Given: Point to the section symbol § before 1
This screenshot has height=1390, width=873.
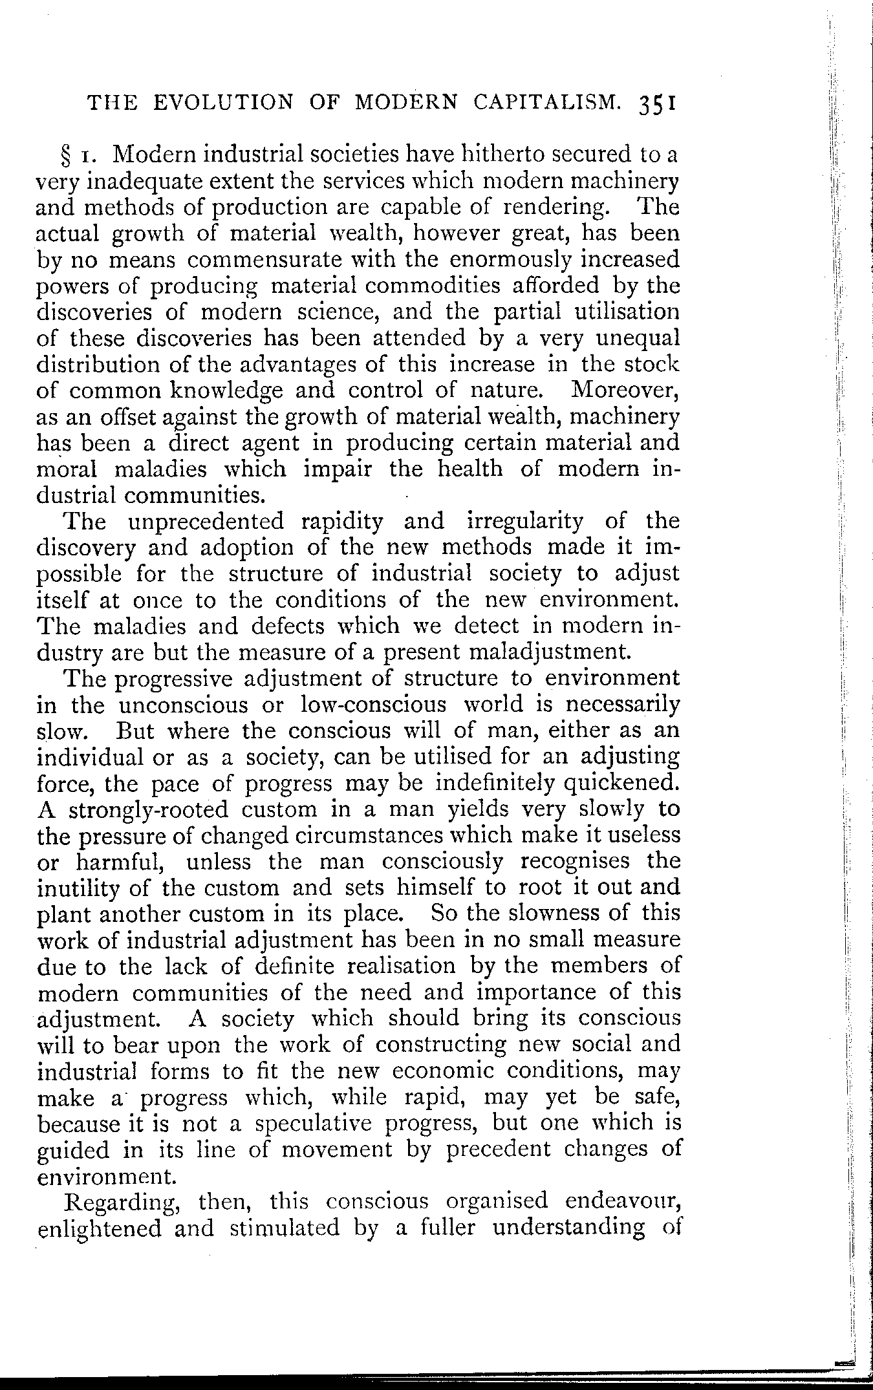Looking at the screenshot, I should coord(66,156).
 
